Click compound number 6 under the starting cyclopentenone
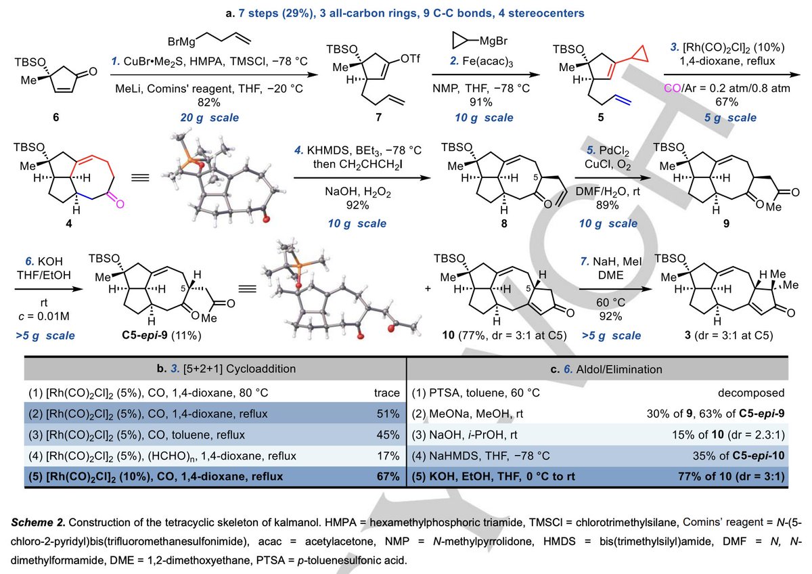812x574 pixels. [x=55, y=117]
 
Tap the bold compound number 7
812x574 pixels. [x=378, y=117]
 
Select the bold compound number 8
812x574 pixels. [x=504, y=223]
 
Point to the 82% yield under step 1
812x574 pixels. [x=209, y=102]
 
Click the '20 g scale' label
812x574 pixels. [x=210, y=118]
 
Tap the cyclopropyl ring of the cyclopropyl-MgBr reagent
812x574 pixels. [x=461, y=41]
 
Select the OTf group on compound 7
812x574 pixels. [x=409, y=58]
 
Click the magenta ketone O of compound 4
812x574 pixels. [x=120, y=204]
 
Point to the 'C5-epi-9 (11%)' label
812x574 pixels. [x=161, y=335]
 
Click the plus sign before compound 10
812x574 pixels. [x=428, y=288]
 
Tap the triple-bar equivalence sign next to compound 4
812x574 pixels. [x=140, y=177]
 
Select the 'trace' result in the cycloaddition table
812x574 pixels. [x=387, y=393]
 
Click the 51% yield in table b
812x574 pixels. [x=388, y=414]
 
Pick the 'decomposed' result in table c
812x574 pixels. [x=751, y=393]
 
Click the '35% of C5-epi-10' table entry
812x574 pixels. [x=738, y=456]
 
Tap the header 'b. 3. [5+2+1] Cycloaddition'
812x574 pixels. [x=226, y=369]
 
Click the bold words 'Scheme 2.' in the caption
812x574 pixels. [x=38, y=523]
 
